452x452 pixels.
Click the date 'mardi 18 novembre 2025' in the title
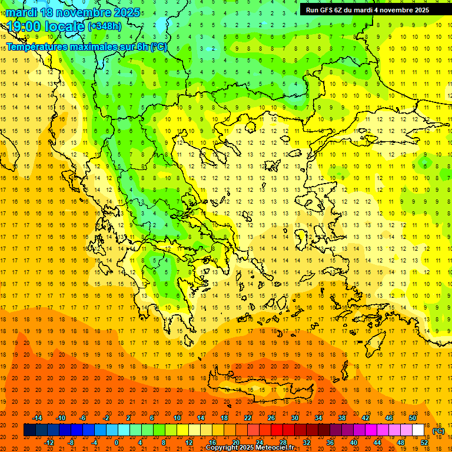click(73, 12)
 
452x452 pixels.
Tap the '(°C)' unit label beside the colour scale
click(438, 431)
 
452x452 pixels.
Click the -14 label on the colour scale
click(38, 418)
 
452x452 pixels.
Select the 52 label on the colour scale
click(424, 443)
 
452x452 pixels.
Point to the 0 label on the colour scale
click(117, 443)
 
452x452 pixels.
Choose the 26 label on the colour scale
click(271, 418)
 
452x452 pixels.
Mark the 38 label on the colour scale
click(342, 418)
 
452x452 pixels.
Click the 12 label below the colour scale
click(189, 443)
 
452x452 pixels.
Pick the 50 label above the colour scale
click(413, 418)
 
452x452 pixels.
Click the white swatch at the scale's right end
click(418, 430)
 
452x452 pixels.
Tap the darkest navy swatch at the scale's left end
click(29, 430)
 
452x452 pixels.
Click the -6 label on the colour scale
click(83, 418)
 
